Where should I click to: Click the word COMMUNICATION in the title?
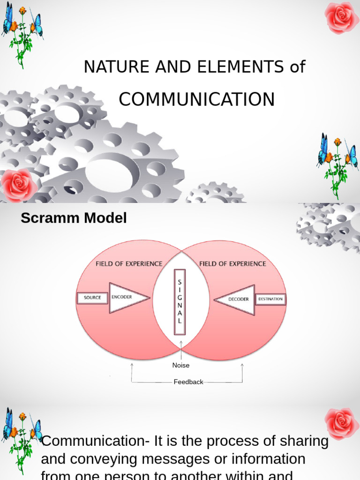click(x=196, y=100)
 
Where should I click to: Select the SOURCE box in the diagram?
click(x=92, y=298)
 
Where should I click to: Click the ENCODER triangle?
click(x=126, y=298)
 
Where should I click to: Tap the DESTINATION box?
click(x=270, y=299)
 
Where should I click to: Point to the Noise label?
click(x=181, y=365)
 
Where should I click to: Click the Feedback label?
click(x=188, y=382)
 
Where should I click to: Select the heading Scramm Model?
click(x=74, y=218)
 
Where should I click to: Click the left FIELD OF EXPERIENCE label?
click(x=129, y=264)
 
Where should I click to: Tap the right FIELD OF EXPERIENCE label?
click(x=232, y=264)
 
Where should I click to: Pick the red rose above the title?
click(x=342, y=17)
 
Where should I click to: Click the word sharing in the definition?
click(x=305, y=441)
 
